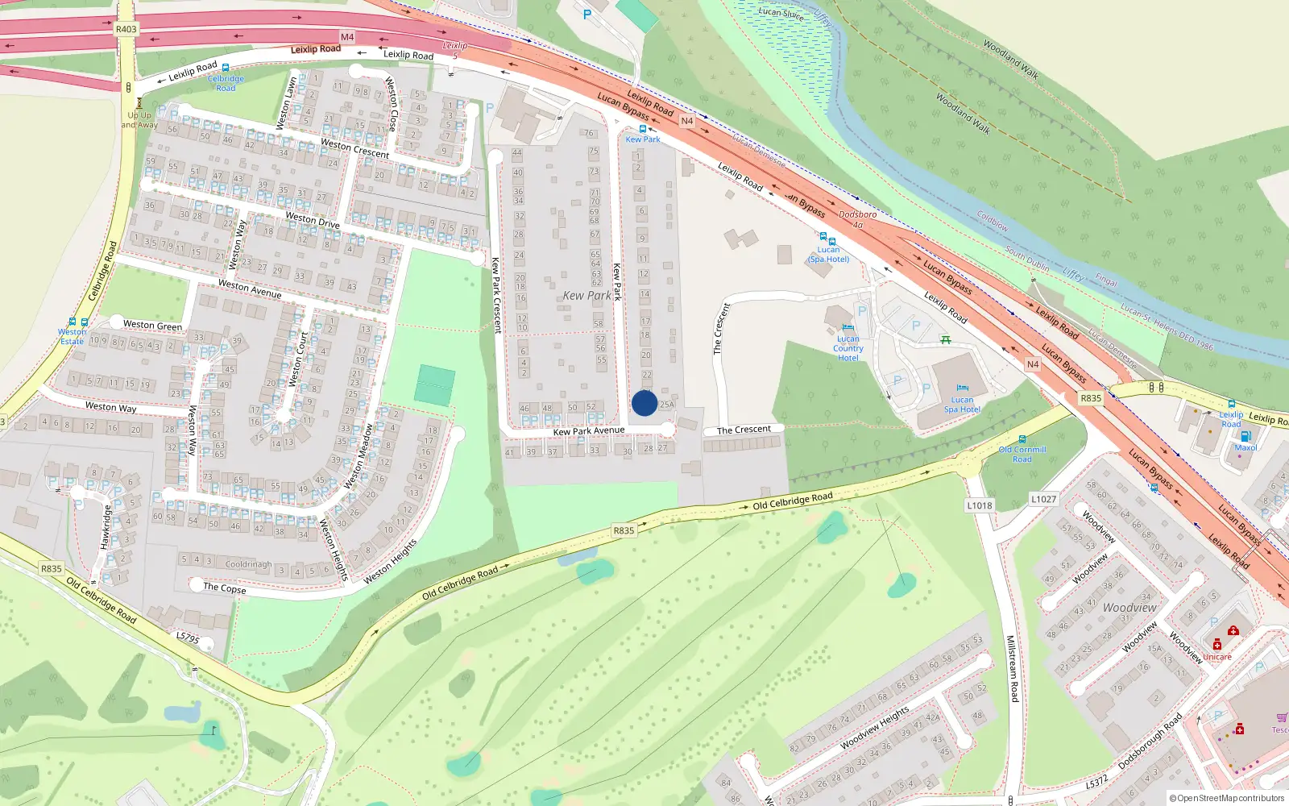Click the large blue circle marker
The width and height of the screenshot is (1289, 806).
click(644, 403)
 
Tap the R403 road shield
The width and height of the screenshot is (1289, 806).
click(126, 29)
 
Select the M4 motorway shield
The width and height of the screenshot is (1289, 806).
click(347, 37)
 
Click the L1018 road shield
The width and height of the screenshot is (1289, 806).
click(980, 505)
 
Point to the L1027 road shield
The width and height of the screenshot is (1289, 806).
click(1043, 499)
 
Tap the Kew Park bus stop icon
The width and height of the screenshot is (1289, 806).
click(643, 129)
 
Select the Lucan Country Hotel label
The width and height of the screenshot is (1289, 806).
click(848, 348)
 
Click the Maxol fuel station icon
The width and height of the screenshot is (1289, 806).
click(1245, 436)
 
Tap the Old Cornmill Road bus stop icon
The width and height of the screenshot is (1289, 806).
click(1022, 439)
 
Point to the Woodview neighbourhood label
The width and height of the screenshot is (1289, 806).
click(1129, 608)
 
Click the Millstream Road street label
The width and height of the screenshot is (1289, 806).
click(1013, 668)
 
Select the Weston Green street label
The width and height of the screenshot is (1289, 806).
click(152, 325)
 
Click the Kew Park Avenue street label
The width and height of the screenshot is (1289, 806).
click(588, 431)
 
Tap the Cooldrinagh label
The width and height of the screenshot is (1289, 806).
click(248, 564)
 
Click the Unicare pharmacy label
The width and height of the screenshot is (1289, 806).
click(1217, 656)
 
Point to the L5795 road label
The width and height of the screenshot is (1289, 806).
click(187, 638)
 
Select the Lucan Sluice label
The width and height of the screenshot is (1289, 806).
click(781, 14)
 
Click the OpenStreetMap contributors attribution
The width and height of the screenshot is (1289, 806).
click(1227, 799)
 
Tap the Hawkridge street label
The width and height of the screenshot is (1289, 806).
click(106, 527)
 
